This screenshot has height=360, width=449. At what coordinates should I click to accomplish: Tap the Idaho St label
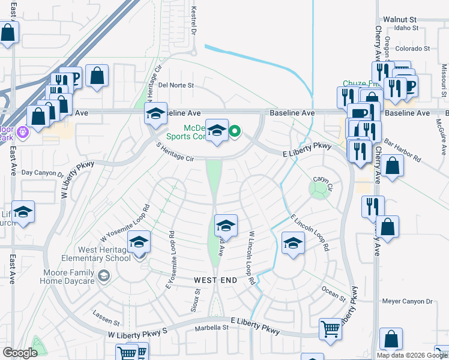coord(406,28)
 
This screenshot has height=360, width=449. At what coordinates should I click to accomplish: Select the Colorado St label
coord(412,48)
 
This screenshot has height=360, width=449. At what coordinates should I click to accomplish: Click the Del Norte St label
coord(176,85)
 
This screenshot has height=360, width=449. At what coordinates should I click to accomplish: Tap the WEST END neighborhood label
coord(215,280)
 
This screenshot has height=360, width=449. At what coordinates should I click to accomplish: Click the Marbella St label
coord(212,328)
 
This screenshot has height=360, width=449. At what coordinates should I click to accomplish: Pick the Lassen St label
coord(107,314)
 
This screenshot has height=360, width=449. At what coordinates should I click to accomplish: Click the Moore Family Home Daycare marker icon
coord(104,275)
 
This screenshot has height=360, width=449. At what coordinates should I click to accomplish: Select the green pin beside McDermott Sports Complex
coord(235,131)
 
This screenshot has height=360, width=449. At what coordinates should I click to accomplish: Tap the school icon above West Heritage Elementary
coord(139,242)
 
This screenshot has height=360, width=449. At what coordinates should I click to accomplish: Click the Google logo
coord(20,353)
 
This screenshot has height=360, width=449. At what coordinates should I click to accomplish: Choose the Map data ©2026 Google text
coord(411,355)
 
